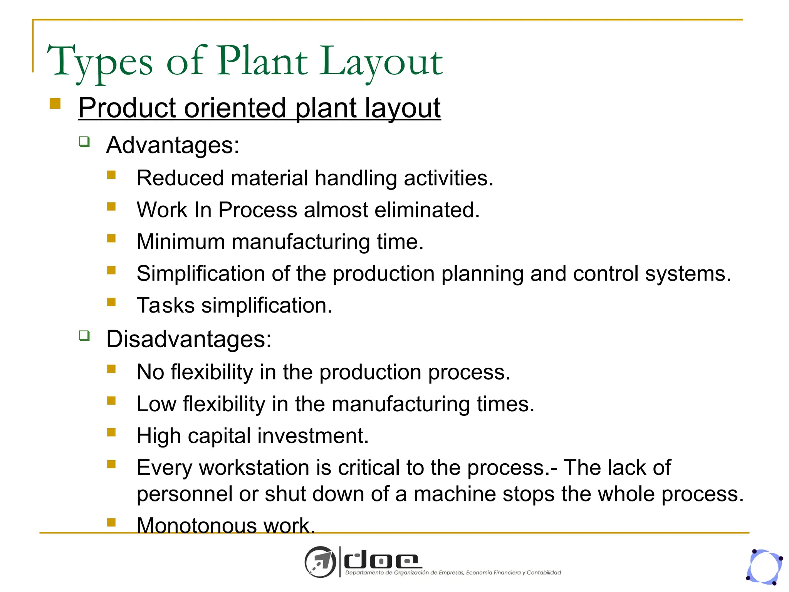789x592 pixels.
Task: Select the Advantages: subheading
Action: click(x=173, y=145)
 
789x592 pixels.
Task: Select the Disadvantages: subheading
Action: click(x=189, y=339)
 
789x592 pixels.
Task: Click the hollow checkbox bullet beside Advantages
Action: click(x=84, y=141)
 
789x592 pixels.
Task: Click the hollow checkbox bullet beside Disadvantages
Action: click(x=84, y=335)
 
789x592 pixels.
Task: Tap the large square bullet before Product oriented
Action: click(x=55, y=104)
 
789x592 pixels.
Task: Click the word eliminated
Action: click(x=427, y=210)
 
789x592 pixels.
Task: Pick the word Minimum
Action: click(x=181, y=242)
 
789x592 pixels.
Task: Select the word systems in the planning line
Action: click(x=688, y=274)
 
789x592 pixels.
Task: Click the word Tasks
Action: click(x=166, y=306)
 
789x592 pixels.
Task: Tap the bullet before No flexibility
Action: click(x=111, y=369)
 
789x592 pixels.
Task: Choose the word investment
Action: click(x=313, y=436)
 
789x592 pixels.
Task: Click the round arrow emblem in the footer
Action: click(x=321, y=562)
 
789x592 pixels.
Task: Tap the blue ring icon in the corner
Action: click(x=764, y=567)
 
